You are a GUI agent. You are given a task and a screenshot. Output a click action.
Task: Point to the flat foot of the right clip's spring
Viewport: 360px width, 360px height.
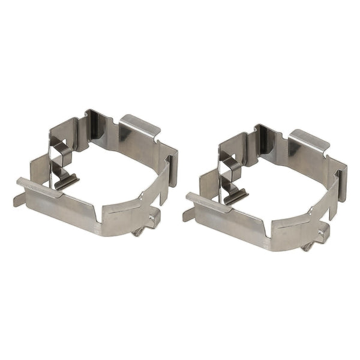[236, 196]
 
